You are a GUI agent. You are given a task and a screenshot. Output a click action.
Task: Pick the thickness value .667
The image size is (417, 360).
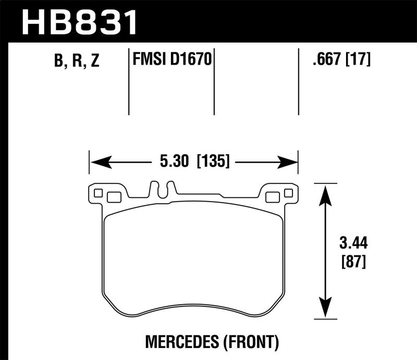coord(324,60)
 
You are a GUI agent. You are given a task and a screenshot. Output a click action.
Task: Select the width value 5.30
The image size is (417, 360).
coord(173,162)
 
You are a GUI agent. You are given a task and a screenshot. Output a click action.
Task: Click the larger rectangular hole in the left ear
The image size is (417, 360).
coord(113,197)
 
